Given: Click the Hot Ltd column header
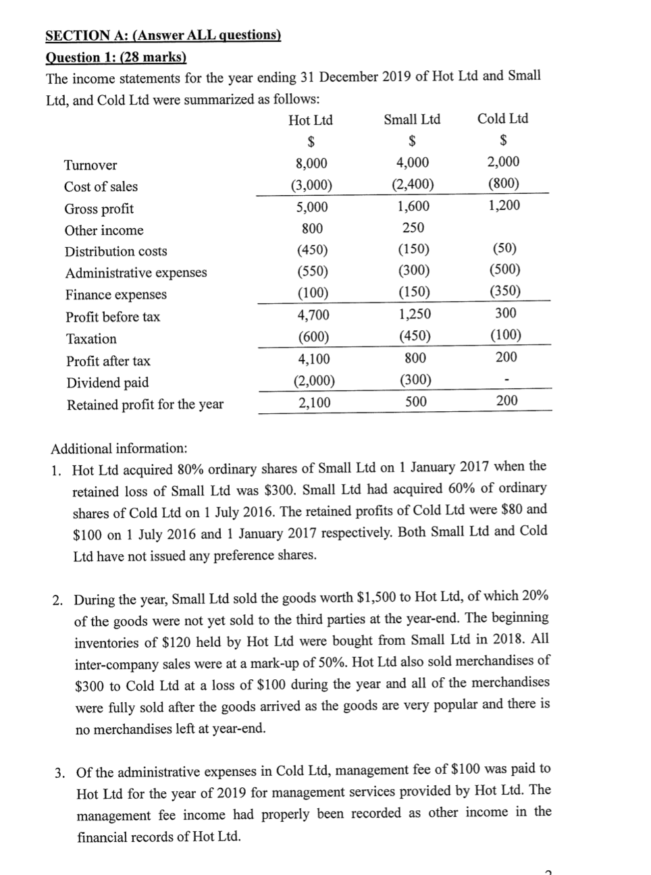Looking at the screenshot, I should [311, 120].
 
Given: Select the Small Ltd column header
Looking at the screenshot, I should [412, 120].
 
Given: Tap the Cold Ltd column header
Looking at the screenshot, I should [502, 119].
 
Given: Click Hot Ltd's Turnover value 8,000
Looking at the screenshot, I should [311, 163].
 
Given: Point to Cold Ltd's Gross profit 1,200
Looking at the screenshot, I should [504, 205].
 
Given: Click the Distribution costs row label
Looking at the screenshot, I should [115, 251].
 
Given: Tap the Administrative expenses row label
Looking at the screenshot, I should [136, 273].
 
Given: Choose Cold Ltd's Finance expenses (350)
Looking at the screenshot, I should [504, 291].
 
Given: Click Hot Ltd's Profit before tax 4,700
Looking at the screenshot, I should [313, 315].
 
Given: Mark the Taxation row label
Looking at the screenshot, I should [91, 339].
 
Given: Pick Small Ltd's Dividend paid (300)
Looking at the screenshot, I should [415, 380].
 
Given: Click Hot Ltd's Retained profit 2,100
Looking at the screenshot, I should [314, 403].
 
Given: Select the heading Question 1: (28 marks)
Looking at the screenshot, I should [115, 57].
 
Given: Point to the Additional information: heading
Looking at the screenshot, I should [119, 448].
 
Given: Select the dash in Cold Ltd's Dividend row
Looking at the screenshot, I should [506, 380].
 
